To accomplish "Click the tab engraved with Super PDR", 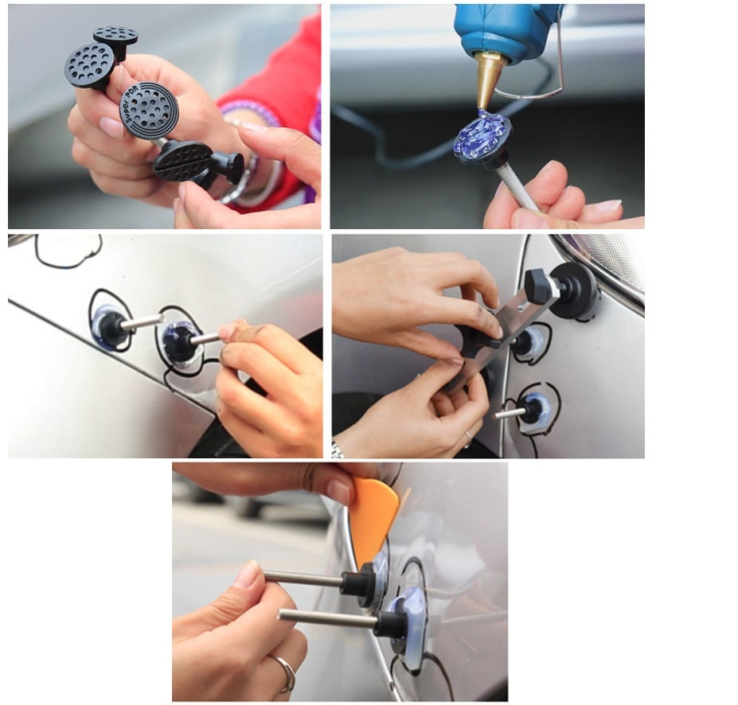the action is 149,110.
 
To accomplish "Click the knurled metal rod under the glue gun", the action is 517,187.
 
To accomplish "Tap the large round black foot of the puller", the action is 574,289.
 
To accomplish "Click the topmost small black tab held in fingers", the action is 115,38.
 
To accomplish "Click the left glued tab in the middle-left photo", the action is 108,325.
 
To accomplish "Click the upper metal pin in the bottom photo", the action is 303,578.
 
